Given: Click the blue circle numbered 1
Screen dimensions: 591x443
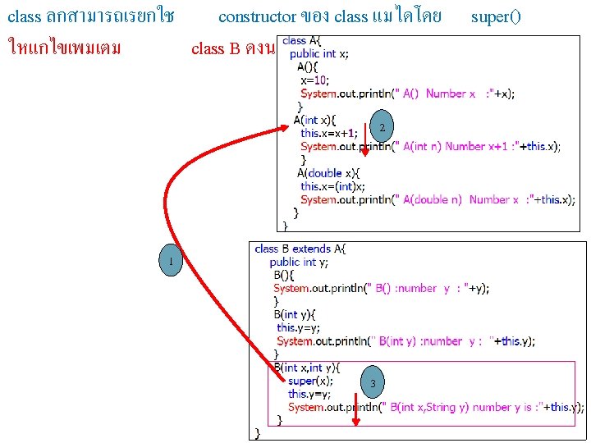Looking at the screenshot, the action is click(x=169, y=262).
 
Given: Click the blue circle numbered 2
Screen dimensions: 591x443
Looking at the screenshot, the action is click(x=381, y=126).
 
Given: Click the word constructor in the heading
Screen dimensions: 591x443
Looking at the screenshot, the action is click(x=256, y=16).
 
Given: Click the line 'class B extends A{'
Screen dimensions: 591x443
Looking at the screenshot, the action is click(x=300, y=249).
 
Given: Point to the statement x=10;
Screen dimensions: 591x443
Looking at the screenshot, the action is click(x=314, y=80).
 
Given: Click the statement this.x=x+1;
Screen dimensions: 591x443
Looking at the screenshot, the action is click(x=328, y=133).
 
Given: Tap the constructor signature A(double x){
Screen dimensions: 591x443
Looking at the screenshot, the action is click(x=328, y=173).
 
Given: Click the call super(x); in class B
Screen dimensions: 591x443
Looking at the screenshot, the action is click(x=310, y=381).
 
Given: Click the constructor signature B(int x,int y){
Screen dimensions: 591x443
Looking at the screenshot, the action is click(x=307, y=368).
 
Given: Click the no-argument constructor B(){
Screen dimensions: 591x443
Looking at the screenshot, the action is click(x=286, y=275).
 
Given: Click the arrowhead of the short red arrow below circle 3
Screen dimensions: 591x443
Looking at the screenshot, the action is click(x=355, y=422).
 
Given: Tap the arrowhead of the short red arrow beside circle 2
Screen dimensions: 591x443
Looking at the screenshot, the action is click(x=365, y=152).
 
